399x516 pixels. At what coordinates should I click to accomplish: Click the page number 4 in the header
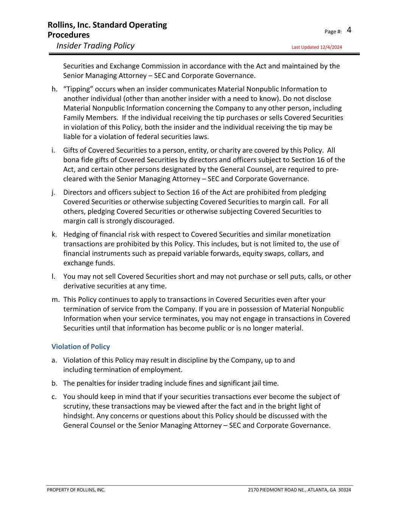click(349, 30)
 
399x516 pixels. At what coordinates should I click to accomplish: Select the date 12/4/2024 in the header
click(331, 47)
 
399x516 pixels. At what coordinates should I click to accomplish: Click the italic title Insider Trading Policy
click(95, 46)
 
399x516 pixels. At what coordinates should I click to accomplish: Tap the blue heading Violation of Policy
click(81, 347)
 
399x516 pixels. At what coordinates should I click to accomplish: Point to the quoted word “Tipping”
click(78, 89)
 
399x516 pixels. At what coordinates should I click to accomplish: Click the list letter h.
click(54, 89)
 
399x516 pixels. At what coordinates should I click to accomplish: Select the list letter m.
click(55, 300)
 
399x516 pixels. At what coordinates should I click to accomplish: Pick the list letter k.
click(54, 234)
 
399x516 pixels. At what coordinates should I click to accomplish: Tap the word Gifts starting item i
click(71, 150)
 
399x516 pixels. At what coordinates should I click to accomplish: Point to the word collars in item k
click(301, 253)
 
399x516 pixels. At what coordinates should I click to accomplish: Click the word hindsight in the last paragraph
click(79, 416)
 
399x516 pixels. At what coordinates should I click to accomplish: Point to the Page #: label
click(333, 32)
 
